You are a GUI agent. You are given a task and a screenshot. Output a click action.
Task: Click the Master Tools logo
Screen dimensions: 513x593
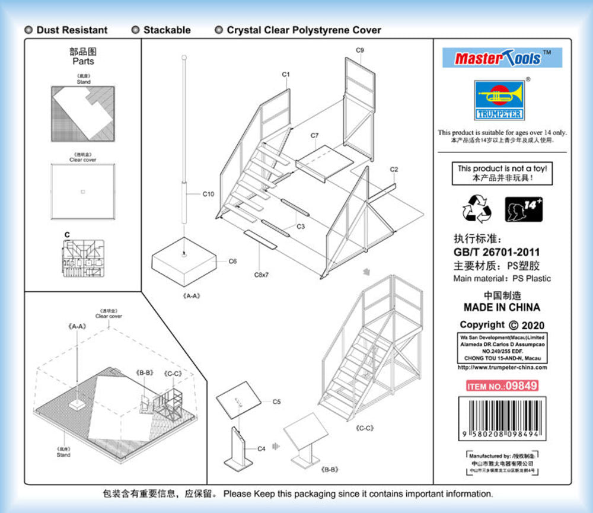(502, 58)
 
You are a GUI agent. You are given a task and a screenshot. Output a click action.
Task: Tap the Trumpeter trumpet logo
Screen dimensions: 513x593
(499, 99)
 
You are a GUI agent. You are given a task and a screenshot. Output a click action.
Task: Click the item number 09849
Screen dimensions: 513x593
(502, 386)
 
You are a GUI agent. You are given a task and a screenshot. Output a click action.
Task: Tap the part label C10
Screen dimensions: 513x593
(208, 194)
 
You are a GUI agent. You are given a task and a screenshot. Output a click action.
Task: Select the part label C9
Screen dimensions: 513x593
(359, 50)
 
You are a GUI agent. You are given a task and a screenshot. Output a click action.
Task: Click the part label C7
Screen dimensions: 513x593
(314, 136)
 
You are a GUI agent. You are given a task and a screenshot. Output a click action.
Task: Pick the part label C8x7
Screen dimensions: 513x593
(262, 275)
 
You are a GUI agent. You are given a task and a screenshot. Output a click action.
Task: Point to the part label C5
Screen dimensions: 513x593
(276, 402)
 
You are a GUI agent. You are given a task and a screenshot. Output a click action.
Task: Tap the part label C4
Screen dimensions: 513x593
(261, 449)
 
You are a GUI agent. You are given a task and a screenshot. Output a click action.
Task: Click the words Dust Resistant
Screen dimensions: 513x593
(72, 30)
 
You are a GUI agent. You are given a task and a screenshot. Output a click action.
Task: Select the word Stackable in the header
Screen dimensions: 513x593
(167, 30)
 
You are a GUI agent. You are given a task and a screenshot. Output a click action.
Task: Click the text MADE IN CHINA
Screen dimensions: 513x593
(502, 307)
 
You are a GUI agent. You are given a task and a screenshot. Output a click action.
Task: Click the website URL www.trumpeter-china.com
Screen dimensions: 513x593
(502, 368)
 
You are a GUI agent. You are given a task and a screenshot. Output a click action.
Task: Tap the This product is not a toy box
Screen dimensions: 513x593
(502, 173)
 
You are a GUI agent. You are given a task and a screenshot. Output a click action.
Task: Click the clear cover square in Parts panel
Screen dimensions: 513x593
(83, 191)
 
